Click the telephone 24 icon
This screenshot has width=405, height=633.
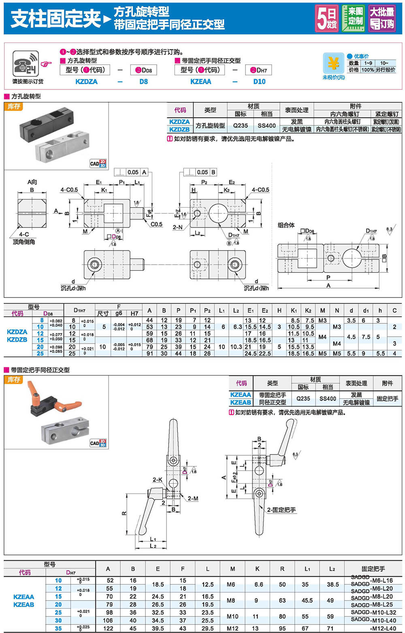click(26, 64)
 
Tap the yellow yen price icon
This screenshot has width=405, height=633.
click(333, 64)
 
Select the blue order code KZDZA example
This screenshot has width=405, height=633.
click(86, 82)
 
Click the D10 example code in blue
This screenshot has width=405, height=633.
click(259, 82)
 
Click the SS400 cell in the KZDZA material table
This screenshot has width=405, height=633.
click(266, 125)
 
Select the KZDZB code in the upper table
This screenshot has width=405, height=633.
click(179, 130)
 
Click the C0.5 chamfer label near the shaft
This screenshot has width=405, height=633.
click(156, 224)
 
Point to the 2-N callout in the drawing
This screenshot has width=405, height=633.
click(178, 227)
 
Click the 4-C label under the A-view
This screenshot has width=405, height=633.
click(24, 234)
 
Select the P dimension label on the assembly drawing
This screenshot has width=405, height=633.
click(328, 278)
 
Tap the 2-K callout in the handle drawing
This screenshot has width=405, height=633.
click(157, 480)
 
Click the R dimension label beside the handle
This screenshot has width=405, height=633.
click(124, 514)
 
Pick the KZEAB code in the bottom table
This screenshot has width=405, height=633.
click(24, 605)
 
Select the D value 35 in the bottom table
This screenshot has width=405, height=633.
click(58, 629)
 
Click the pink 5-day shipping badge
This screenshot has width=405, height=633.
click(327, 18)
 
